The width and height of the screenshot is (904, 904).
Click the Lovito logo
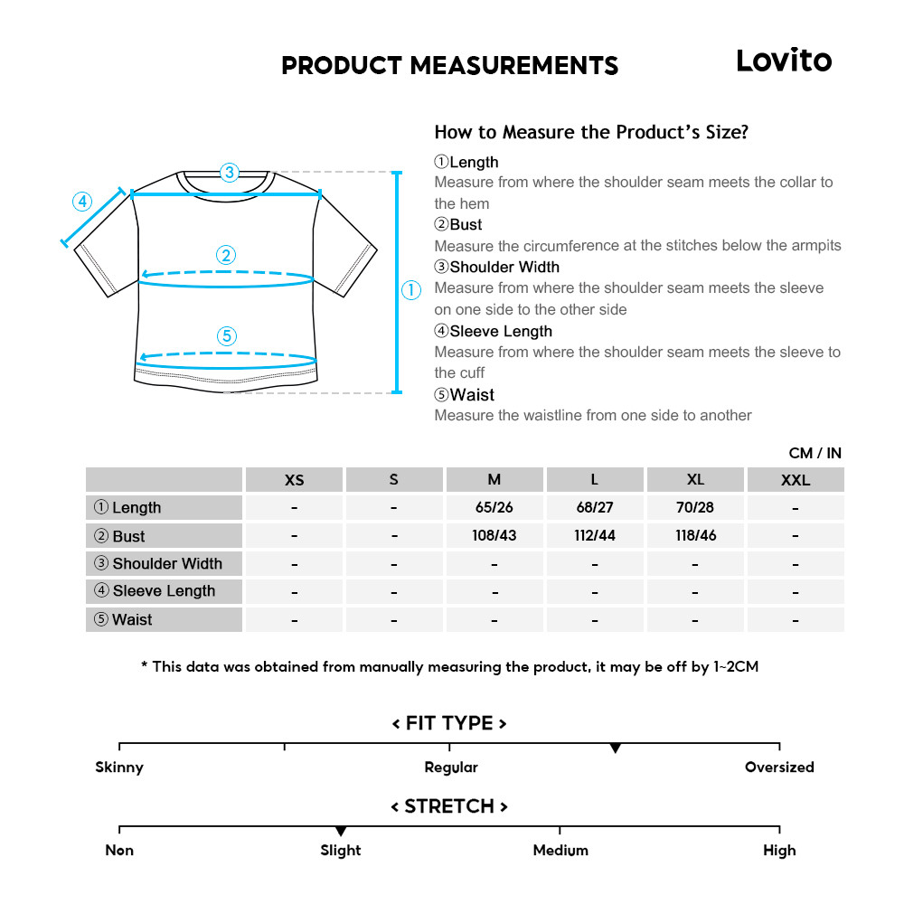(783, 61)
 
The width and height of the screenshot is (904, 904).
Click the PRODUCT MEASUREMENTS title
(449, 66)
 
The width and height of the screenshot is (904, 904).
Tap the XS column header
(294, 480)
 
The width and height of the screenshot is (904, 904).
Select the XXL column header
(795, 480)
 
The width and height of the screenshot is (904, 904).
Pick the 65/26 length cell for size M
(494, 508)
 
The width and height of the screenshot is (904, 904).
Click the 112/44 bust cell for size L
(594, 536)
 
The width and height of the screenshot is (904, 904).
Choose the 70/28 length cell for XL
(694, 508)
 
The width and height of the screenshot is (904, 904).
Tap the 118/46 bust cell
(694, 536)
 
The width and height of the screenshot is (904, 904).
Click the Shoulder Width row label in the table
(165, 564)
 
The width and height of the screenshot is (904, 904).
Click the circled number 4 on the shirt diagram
(82, 201)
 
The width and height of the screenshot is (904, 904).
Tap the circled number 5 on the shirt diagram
(227, 336)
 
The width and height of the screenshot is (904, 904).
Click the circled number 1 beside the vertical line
(410, 290)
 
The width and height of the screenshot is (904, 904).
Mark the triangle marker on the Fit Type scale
(615, 749)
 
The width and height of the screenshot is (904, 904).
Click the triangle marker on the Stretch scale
(341, 831)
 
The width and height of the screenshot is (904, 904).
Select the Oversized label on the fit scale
(779, 767)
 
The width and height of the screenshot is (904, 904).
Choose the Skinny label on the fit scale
(119, 767)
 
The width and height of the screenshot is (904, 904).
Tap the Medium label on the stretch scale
(560, 851)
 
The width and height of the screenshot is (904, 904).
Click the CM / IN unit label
(815, 453)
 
